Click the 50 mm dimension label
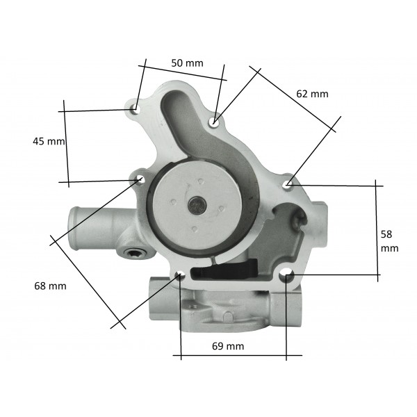coord(187,63)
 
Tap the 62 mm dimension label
coord(312,94)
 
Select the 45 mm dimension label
coord(49,141)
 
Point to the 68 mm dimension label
coord(50,286)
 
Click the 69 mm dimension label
coord(228,346)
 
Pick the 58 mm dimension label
coord(389,241)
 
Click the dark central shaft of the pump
coord(197,205)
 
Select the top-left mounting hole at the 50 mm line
coord(136,110)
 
